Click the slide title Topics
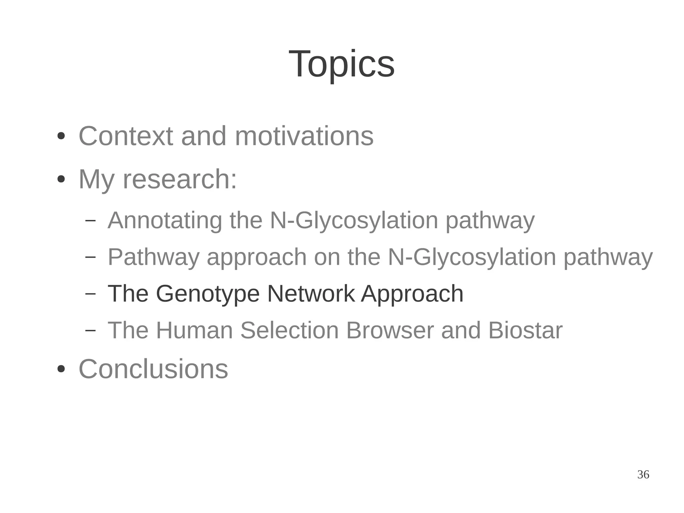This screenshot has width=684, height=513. (x=341, y=64)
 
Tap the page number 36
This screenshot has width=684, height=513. (x=643, y=475)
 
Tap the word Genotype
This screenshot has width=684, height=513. (x=207, y=294)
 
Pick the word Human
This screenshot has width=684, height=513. (x=194, y=330)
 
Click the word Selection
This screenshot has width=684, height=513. (x=290, y=330)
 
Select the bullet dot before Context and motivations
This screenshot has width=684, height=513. (x=61, y=136)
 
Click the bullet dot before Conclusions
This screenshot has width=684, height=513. (x=61, y=369)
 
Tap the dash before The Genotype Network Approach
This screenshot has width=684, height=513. (x=90, y=293)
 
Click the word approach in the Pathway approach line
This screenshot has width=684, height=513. (x=256, y=257)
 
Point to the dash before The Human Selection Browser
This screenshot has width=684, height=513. (x=90, y=330)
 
